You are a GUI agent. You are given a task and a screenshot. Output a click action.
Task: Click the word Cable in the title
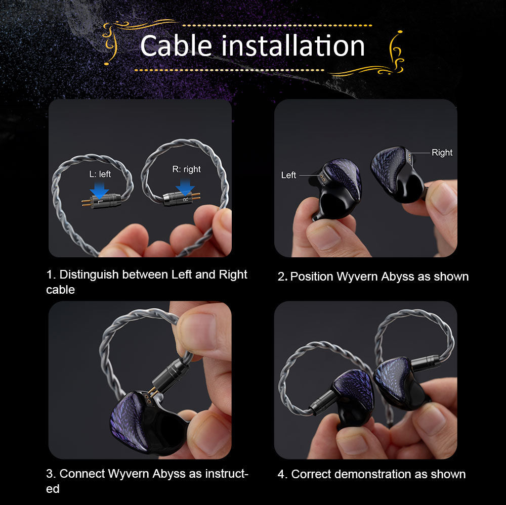pos(176,46)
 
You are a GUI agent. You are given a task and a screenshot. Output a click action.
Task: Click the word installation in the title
pos(293,46)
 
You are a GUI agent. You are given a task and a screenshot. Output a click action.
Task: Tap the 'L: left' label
pos(100,174)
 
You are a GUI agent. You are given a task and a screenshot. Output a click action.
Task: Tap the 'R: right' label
pos(187,169)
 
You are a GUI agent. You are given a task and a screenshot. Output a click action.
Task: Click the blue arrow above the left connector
pos(99,190)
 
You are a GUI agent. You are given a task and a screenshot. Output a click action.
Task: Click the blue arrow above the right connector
pos(185,187)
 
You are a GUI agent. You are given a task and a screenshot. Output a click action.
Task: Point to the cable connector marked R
pos(181,198)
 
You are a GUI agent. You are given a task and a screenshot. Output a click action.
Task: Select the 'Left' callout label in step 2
pos(288,175)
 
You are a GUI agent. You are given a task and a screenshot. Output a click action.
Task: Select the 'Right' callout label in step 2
pos(442,153)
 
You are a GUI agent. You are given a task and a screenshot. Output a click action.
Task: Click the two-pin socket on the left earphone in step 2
pos(322,178)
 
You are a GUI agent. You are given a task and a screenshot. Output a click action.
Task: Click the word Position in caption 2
pos(312,277)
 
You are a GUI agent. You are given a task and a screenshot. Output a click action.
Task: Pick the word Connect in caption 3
pos(82,474)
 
